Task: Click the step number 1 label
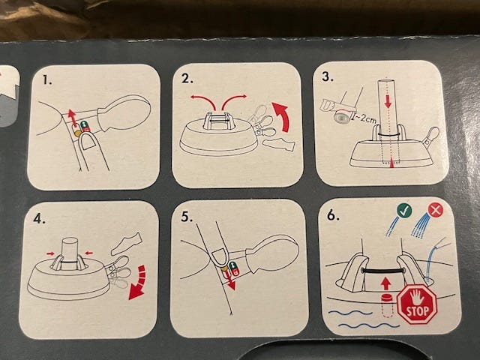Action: [47, 80]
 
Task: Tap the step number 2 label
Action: [187, 79]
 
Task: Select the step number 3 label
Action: [327, 76]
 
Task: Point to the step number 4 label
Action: [40, 218]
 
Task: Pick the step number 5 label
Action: [187, 217]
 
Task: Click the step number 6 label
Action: [333, 215]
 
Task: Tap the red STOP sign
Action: [417, 304]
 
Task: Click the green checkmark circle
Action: [404, 211]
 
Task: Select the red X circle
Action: [435, 210]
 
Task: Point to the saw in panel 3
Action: [339, 106]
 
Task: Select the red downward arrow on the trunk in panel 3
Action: [388, 100]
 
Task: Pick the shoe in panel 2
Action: [278, 145]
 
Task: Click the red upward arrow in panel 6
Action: [386, 283]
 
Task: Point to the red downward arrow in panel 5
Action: [231, 282]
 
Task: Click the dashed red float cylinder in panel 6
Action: [387, 305]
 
